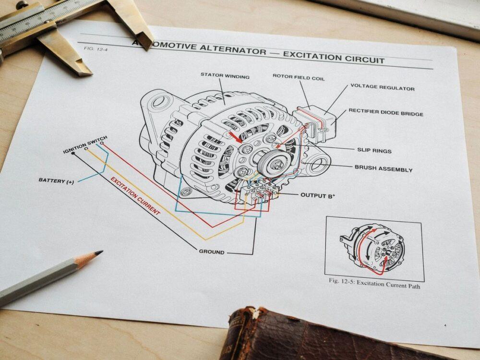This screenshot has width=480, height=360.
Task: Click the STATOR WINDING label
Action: point(225,75)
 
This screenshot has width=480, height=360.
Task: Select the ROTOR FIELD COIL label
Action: point(299,77)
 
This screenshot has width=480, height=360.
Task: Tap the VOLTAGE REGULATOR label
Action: point(383,87)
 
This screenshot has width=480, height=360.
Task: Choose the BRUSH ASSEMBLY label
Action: point(383,168)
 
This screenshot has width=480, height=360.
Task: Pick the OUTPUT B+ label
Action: point(318,195)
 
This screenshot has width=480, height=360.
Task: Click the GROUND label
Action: point(212,252)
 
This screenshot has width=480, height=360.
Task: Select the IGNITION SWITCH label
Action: point(85,144)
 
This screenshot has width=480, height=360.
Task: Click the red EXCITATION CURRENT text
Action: point(135,196)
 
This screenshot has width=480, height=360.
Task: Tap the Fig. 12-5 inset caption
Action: point(374,283)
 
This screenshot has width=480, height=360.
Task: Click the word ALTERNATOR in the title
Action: point(233,49)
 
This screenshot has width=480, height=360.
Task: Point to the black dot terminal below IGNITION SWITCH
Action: point(73,153)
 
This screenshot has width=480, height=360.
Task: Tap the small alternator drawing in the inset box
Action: point(373,249)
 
